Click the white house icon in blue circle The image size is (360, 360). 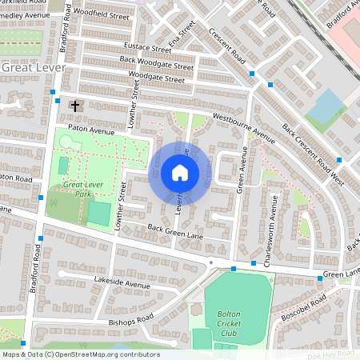[180, 173]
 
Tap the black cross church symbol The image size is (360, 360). [76, 106]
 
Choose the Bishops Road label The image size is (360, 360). [133, 317]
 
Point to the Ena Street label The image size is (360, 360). [182, 36]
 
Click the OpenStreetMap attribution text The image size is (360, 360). [80, 354]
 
